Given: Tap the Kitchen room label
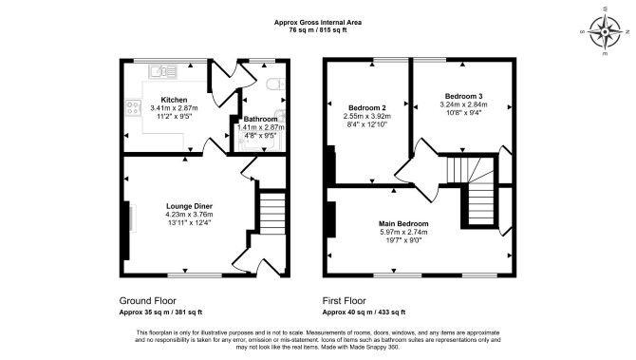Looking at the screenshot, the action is click(x=174, y=100).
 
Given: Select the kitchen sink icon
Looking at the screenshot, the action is click(x=162, y=72).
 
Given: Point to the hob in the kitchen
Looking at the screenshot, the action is click(x=133, y=107).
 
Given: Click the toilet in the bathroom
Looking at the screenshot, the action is click(x=276, y=84).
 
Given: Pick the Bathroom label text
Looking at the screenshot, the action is click(x=260, y=120).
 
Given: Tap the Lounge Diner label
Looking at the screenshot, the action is click(x=190, y=206).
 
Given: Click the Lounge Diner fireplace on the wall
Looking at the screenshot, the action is click(x=126, y=230).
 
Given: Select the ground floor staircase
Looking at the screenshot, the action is click(x=272, y=212).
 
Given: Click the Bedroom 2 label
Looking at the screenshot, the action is click(x=367, y=108).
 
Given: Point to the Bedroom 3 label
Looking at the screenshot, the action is click(x=463, y=96).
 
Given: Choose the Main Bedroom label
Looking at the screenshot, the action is click(x=403, y=223).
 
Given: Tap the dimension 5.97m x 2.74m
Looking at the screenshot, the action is click(x=403, y=232).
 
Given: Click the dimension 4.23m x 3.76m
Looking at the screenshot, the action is click(x=190, y=215).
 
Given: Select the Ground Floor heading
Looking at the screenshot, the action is click(x=148, y=301).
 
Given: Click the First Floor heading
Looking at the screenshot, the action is click(x=344, y=301).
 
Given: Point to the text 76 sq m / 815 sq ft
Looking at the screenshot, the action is click(x=318, y=29).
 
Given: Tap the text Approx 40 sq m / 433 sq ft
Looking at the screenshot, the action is click(x=364, y=313).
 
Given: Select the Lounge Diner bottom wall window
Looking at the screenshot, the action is click(x=196, y=275).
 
